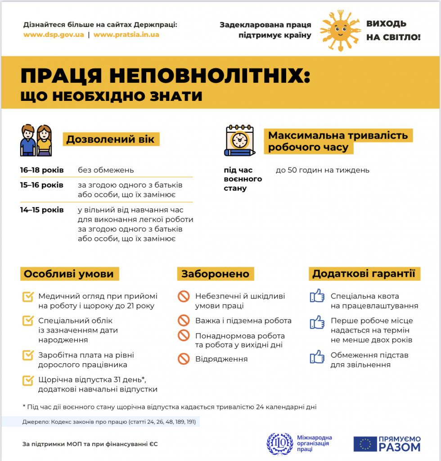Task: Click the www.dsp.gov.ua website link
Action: [54, 35]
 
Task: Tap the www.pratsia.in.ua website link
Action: [126, 35]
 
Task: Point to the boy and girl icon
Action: [36, 140]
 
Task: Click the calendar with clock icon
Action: [239, 140]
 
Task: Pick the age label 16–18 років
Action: [42, 170]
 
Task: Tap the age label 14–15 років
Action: [42, 210]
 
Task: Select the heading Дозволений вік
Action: [110, 139]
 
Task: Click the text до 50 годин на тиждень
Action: [323, 170]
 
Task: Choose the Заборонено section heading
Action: [215, 274]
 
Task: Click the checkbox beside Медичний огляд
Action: [28, 297]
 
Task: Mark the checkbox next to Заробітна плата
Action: [28, 355]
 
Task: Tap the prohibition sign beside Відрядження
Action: [184, 359]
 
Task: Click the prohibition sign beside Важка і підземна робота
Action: [184, 321]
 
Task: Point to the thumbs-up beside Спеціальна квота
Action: [317, 296]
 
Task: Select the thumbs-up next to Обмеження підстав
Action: [317, 356]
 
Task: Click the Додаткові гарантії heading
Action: [364, 274]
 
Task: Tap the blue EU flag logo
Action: [364, 444]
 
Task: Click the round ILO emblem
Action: [279, 443]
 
